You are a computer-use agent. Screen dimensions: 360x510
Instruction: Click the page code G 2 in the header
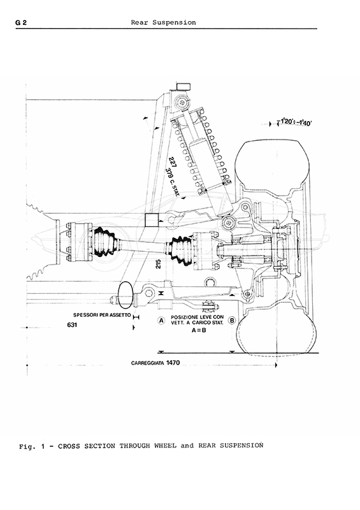(x=21, y=22)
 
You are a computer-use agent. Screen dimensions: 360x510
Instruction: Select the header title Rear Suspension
(x=163, y=22)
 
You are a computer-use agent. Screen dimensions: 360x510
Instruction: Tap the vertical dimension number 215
(x=159, y=263)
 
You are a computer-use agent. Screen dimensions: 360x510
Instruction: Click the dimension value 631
(x=72, y=324)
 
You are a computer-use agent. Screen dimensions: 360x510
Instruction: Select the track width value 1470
(x=173, y=362)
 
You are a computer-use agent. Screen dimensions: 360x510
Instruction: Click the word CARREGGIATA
(x=148, y=363)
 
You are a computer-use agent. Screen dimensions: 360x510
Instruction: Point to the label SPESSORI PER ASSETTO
(x=102, y=315)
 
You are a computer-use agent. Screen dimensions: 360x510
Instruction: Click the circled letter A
(x=161, y=321)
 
